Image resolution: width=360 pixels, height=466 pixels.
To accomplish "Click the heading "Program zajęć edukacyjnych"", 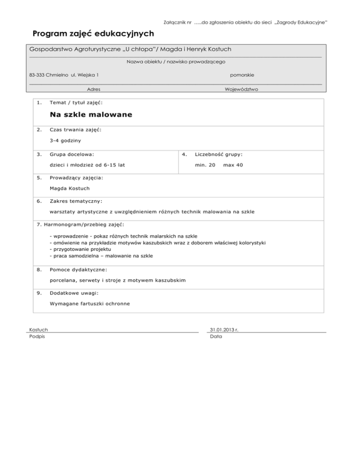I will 93,34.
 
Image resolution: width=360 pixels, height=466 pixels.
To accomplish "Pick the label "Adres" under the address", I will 94,89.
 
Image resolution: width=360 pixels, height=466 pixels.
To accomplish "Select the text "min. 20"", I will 205,165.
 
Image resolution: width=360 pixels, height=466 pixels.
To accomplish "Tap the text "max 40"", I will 233,165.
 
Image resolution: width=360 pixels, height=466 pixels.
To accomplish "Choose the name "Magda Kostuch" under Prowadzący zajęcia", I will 70,188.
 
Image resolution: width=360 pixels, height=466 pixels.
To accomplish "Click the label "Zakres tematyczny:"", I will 75,201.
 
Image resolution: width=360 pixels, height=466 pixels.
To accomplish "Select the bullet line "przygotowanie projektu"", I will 80,249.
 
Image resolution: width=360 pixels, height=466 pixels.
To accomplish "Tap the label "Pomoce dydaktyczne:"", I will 78,270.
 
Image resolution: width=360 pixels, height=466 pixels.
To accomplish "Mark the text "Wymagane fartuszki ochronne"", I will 90,304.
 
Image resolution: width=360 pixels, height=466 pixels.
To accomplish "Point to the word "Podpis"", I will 37,337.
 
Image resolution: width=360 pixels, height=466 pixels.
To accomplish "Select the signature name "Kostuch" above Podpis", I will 38,330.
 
